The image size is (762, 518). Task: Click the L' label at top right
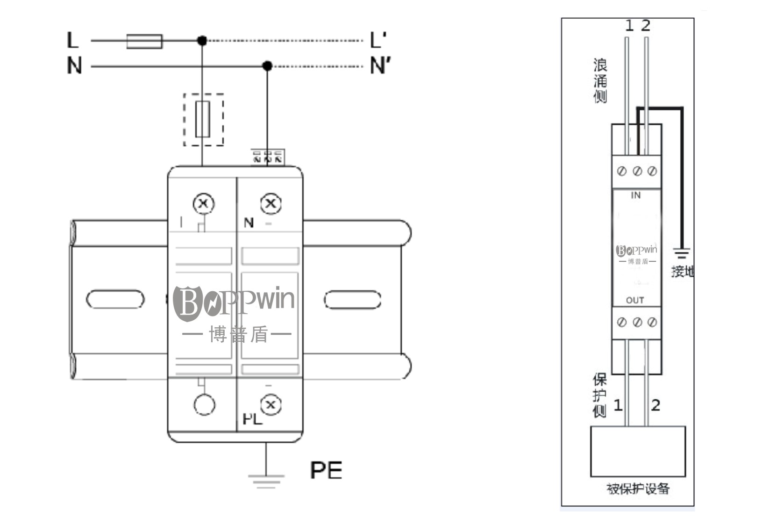pyautogui.click(x=378, y=40)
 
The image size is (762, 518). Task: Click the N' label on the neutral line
pyautogui.click(x=380, y=66)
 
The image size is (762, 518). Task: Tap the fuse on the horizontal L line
pyautogui.click(x=144, y=41)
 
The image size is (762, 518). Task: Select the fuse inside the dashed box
pyautogui.click(x=202, y=119)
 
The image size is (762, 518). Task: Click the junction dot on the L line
pyautogui.click(x=202, y=41)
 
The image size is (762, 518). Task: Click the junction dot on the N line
pyautogui.click(x=267, y=66)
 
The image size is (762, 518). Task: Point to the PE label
pyautogui.click(x=326, y=470)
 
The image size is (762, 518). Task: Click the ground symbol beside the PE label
pyautogui.click(x=266, y=481)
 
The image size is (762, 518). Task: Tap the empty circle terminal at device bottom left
pyautogui.click(x=204, y=405)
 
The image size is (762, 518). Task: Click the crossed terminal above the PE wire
pyautogui.click(x=270, y=405)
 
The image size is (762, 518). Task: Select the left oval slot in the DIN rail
pyautogui.click(x=115, y=299)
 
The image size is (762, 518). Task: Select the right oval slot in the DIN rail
pyautogui.click(x=352, y=300)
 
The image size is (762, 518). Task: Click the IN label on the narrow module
pyautogui.click(x=635, y=195)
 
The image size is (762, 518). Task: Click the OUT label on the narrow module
pyautogui.click(x=635, y=300)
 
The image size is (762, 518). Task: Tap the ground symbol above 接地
pyautogui.click(x=682, y=254)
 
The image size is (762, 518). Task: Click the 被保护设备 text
pyautogui.click(x=638, y=489)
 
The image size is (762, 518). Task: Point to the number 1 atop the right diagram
pyautogui.click(x=629, y=26)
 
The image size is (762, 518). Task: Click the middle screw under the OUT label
pyautogui.click(x=637, y=322)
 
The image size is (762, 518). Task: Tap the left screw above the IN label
pyautogui.click(x=621, y=172)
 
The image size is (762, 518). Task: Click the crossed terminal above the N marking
pyautogui.click(x=270, y=203)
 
